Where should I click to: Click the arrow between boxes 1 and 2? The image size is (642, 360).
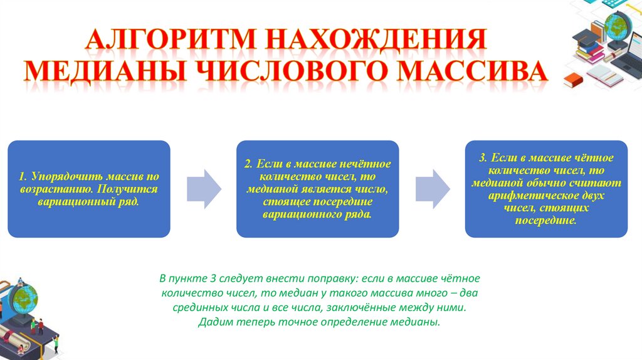tap(204, 188)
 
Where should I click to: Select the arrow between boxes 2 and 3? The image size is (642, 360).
tap(433, 188)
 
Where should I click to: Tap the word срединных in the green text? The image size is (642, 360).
tap(199, 309)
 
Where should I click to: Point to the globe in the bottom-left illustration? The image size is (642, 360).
tap(26, 295)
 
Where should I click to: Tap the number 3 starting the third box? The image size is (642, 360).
tap(481, 158)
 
